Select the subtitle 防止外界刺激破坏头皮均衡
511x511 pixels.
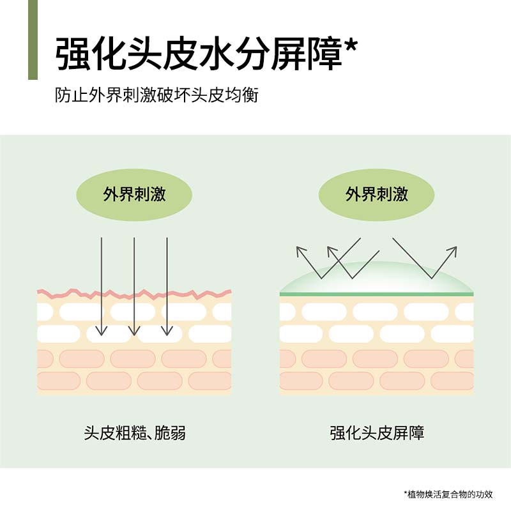tap(156, 96)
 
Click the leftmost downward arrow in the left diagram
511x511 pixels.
tap(101, 287)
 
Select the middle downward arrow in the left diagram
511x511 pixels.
tap(134, 287)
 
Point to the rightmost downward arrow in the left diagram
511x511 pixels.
tap(167, 287)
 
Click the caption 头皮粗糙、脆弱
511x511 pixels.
tap(135, 433)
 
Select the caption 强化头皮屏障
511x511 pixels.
tap(377, 433)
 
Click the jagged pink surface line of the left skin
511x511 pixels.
tap(134, 294)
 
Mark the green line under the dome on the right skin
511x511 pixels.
tap(377, 294)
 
